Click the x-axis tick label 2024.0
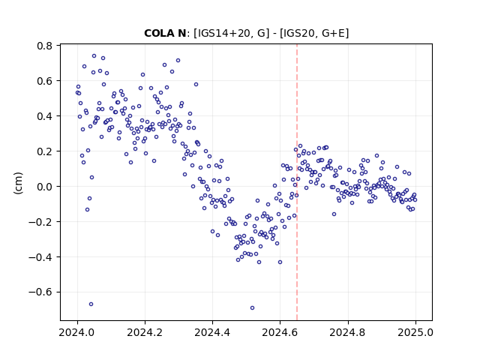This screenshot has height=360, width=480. [x=77, y=332]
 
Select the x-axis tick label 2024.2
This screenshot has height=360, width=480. [x=145, y=332]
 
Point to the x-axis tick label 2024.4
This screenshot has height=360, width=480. [x=212, y=332]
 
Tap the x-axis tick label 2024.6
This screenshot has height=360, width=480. [x=280, y=332]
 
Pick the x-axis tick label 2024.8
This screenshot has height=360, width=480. [x=348, y=332]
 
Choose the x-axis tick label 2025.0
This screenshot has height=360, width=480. [x=415, y=332]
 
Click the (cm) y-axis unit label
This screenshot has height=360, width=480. [x=18, y=183]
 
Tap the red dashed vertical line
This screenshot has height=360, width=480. [x=297, y=182]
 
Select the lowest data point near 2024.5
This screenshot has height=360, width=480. [x=252, y=308]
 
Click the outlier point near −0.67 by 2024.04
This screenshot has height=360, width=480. [x=91, y=304]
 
